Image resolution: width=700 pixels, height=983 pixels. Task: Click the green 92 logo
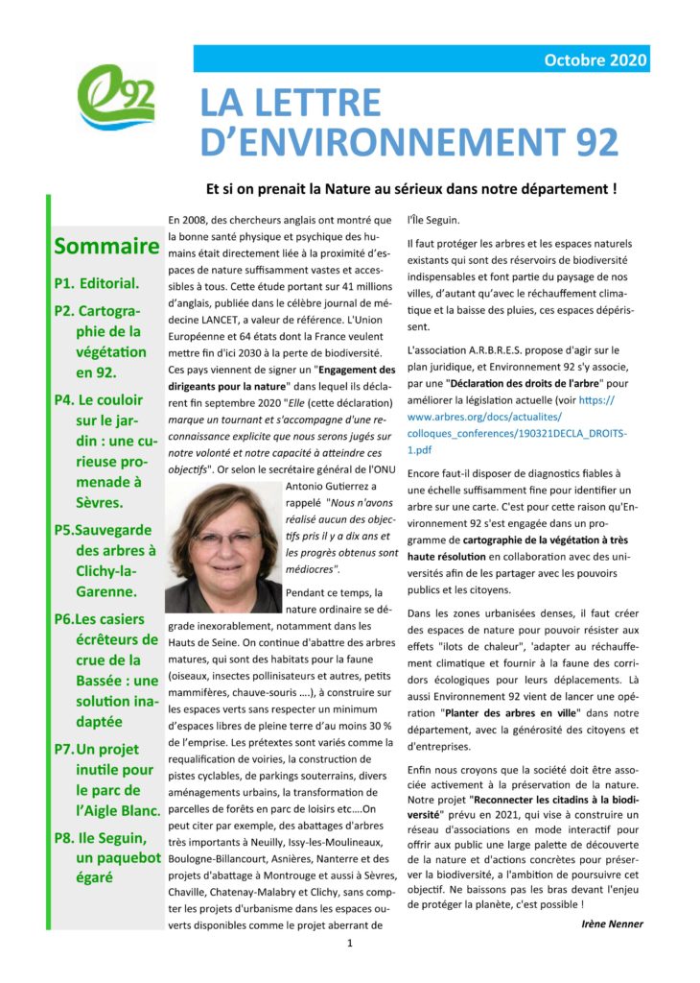(x=114, y=97)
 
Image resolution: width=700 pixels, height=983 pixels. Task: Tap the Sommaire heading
(x=106, y=247)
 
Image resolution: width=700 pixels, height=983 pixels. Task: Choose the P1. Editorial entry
(x=97, y=283)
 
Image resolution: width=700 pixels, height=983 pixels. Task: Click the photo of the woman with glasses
(x=223, y=544)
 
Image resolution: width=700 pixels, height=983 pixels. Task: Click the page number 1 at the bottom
(x=350, y=944)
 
